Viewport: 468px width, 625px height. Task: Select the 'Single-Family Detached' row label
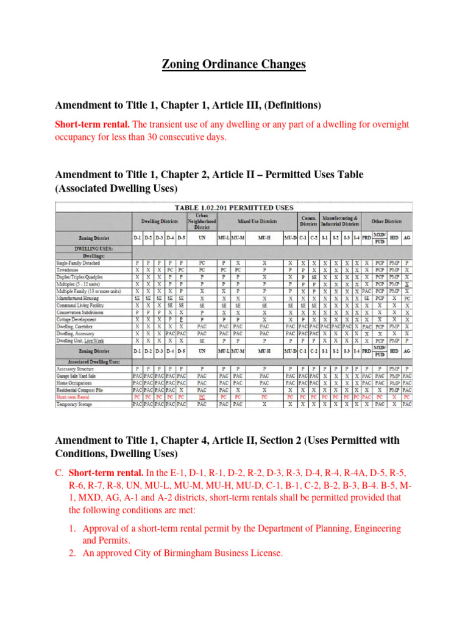[x=79, y=262]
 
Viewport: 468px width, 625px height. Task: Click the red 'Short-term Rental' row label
[x=75, y=396]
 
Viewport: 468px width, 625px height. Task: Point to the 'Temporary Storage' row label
[x=75, y=403]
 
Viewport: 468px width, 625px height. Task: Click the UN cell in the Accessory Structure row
[x=202, y=369]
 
